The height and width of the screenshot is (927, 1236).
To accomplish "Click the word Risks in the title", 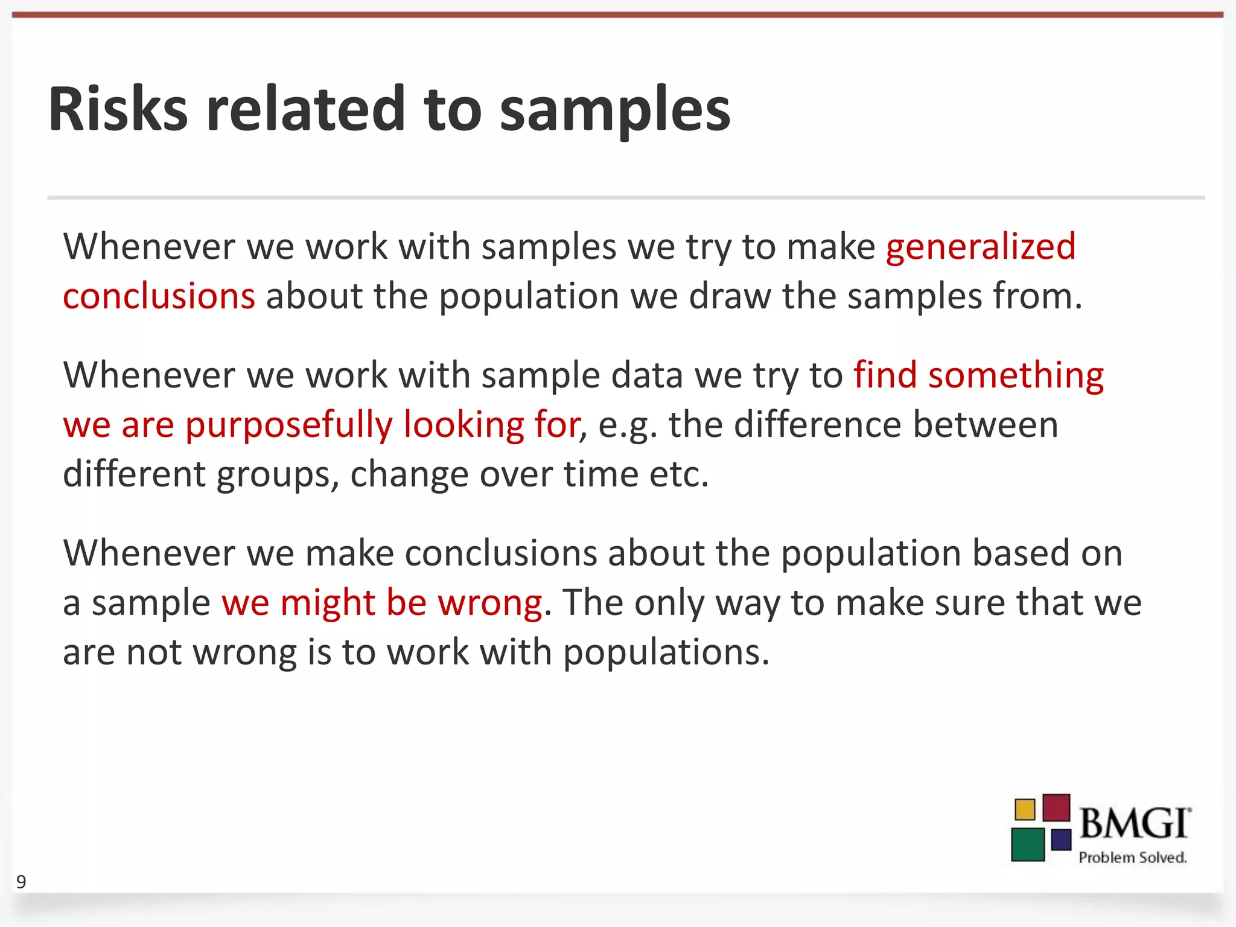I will [118, 110].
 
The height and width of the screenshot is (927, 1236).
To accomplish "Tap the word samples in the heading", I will [615, 112].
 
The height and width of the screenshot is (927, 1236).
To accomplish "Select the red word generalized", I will [981, 247].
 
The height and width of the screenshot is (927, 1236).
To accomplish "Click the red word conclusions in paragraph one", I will [159, 297].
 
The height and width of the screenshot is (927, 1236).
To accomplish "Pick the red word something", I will [1016, 376].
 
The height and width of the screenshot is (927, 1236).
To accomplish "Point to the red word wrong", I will [489, 604].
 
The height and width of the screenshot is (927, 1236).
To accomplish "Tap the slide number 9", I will [21, 882].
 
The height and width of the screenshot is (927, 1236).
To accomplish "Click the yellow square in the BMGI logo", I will [1025, 809].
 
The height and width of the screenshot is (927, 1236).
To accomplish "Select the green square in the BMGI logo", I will [1028, 844].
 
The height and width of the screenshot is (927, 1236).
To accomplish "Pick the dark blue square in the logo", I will [1061, 839].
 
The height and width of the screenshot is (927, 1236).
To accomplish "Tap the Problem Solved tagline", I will [1132, 858].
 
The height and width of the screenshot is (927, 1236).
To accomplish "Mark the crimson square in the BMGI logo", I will [1056, 808].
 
